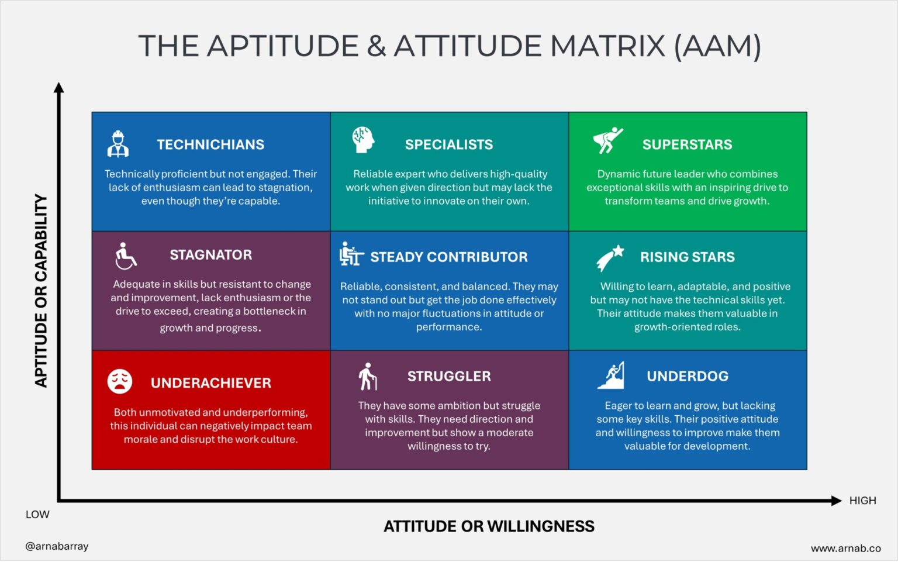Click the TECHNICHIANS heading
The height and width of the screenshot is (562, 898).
point(210,144)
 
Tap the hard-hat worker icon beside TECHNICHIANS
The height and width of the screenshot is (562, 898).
point(118,144)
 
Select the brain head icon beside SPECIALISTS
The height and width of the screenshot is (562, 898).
point(362,140)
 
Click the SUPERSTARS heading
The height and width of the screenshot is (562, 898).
point(687,144)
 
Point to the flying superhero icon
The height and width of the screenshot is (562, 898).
point(607,140)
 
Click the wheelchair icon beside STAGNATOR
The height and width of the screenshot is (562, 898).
point(125,256)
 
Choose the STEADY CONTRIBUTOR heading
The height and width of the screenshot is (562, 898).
point(448,257)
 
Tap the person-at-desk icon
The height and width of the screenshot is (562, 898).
point(351,254)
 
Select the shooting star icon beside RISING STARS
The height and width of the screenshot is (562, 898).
point(610,258)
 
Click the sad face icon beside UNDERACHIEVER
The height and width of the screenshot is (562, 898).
point(120,381)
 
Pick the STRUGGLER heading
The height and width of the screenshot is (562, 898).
point(449,376)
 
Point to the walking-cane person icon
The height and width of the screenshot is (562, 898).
point(368,377)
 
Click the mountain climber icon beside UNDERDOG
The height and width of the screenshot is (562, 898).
point(611,375)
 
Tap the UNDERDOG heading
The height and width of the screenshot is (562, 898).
point(688,376)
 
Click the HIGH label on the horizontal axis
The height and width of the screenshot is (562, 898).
point(862,501)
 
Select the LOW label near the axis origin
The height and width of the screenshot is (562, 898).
point(37,515)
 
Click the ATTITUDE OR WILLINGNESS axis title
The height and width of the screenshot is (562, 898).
point(489,526)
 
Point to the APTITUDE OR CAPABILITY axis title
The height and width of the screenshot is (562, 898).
point(41,291)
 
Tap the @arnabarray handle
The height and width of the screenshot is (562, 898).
point(57,546)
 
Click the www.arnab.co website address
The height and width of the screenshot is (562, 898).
point(845,549)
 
